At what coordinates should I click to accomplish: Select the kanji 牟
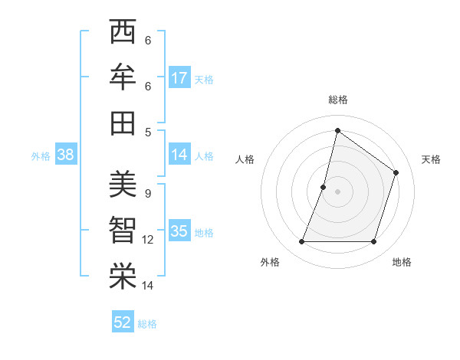coord(123,78)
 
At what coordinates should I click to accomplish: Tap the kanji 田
coord(123,123)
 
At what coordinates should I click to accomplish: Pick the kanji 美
coord(123,185)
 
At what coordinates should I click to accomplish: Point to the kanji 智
coord(123,231)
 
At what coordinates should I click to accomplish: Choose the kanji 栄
coord(123,277)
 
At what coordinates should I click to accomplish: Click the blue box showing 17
coord(179,78)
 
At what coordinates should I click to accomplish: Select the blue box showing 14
coord(179,155)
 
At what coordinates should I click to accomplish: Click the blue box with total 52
coord(123,322)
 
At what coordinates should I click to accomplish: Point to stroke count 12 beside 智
coord(148,240)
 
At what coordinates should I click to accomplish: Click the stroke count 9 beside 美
coord(147,193)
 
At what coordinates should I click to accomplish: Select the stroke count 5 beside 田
coord(147,131)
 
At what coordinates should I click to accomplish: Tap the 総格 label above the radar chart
coord(337,100)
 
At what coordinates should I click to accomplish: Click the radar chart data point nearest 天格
coord(396,172)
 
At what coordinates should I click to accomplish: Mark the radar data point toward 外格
coord(301,242)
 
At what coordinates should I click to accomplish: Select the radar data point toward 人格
coord(324,187)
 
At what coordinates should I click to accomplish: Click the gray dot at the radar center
coord(337,191)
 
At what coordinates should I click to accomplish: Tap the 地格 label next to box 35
coord(204,233)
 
